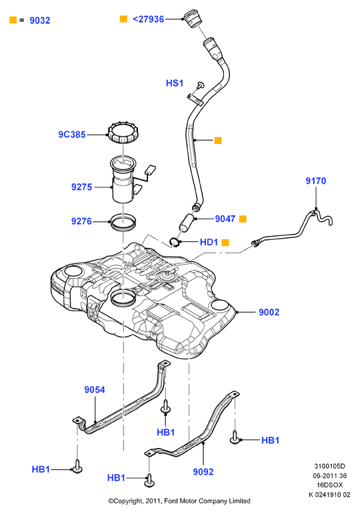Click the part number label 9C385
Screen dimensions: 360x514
coord(72,135)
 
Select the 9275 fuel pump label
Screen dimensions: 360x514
coord(81,187)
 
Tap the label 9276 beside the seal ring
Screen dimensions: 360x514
coord(81,221)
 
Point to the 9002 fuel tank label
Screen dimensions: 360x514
coord(269,312)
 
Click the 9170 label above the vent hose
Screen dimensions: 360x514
coord(316,181)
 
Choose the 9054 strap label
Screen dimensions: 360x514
coord(95,390)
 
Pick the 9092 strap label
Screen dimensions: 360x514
coord(203,472)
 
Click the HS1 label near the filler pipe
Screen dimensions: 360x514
coord(175,83)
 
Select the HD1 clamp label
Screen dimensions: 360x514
coord(209,242)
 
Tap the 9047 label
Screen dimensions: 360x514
coord(225,219)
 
